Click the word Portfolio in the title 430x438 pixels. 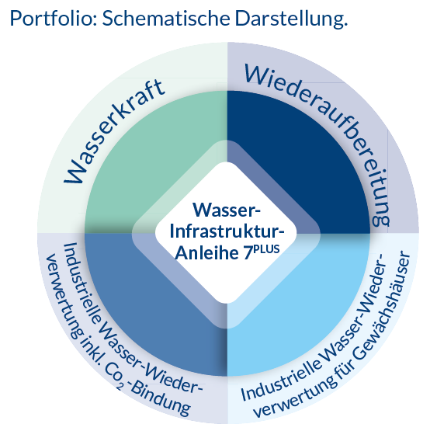pyautogui.click(x=54, y=19)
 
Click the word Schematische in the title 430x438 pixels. pyautogui.click(x=166, y=19)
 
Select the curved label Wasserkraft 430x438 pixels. pyautogui.click(x=114, y=130)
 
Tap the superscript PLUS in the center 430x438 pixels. pyautogui.click(x=266, y=249)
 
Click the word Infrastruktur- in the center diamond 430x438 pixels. pyautogui.click(x=227, y=231)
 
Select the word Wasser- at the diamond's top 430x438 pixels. pyautogui.click(x=227, y=210)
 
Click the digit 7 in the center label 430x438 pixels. pyautogui.click(x=247, y=253)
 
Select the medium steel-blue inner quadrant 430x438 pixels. pyautogui.click(x=145, y=308)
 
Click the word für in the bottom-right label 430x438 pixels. pyautogui.click(x=342, y=374)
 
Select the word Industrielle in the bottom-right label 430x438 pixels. pyautogui.click(x=280, y=379)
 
